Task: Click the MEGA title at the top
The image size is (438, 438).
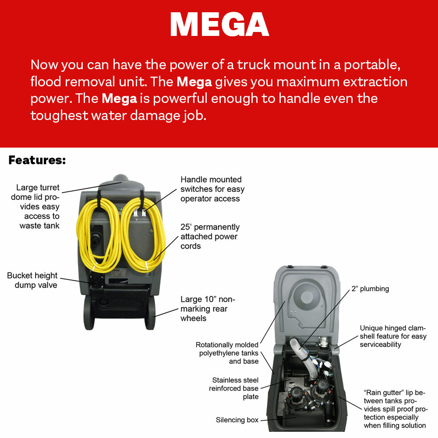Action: (219, 25)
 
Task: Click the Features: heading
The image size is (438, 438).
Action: (37, 160)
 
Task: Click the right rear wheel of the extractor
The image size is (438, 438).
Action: (150, 313)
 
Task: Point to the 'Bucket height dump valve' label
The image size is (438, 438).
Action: (32, 280)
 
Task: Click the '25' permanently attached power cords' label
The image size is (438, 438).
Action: (210, 237)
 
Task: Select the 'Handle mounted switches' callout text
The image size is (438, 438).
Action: (212, 189)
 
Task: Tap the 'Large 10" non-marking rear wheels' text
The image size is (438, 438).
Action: (208, 309)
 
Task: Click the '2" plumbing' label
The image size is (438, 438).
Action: (370, 289)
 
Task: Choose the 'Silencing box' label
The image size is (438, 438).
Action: (237, 420)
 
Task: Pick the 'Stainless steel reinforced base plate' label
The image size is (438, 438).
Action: (233, 389)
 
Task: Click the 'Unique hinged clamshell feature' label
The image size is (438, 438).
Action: (392, 336)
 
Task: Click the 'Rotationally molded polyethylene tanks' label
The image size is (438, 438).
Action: (227, 353)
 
